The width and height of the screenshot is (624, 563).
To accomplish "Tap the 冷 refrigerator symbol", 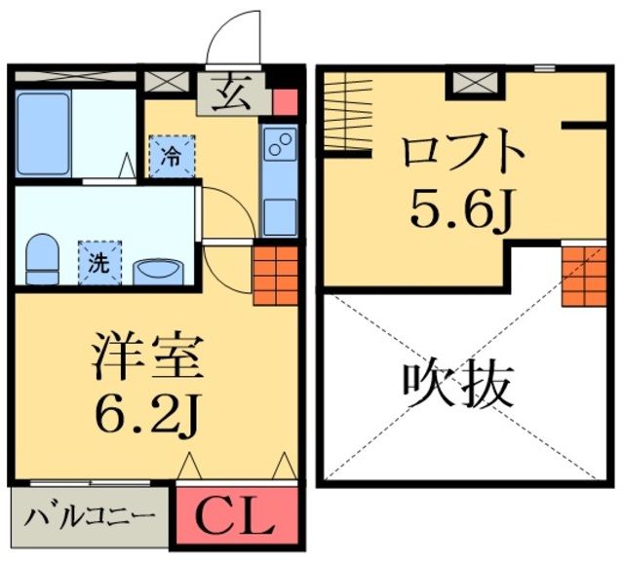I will (170, 154).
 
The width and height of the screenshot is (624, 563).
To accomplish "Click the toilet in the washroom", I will (41, 255).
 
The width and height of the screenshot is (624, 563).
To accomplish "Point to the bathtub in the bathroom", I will (42, 133).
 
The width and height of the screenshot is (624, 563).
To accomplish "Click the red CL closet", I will (235, 517).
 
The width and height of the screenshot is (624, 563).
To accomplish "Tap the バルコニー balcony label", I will (90, 515).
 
